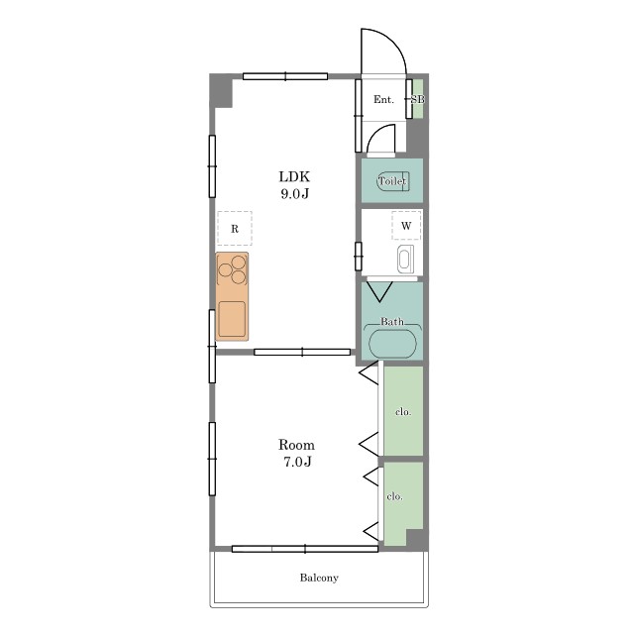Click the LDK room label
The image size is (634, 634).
[x=294, y=177]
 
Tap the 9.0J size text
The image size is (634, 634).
[x=295, y=194]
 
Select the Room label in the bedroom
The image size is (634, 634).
[x=296, y=445]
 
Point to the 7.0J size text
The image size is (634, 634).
[x=297, y=462]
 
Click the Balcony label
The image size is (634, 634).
[x=319, y=578]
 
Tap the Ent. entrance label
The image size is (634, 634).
[x=383, y=99]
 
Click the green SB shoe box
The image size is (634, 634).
[x=418, y=99]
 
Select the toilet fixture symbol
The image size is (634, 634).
[x=393, y=181]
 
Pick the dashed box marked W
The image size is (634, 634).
[x=406, y=225]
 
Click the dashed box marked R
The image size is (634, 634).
[x=235, y=229]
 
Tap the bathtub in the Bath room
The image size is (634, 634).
[x=392, y=343]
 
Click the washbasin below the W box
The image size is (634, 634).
[x=405, y=259]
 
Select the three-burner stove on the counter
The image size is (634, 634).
[x=232, y=269]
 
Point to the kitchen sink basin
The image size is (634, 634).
[x=232, y=319]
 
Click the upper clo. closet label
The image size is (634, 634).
[x=403, y=412]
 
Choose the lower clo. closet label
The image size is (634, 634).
[x=394, y=496]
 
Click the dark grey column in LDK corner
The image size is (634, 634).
[x=221, y=91]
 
